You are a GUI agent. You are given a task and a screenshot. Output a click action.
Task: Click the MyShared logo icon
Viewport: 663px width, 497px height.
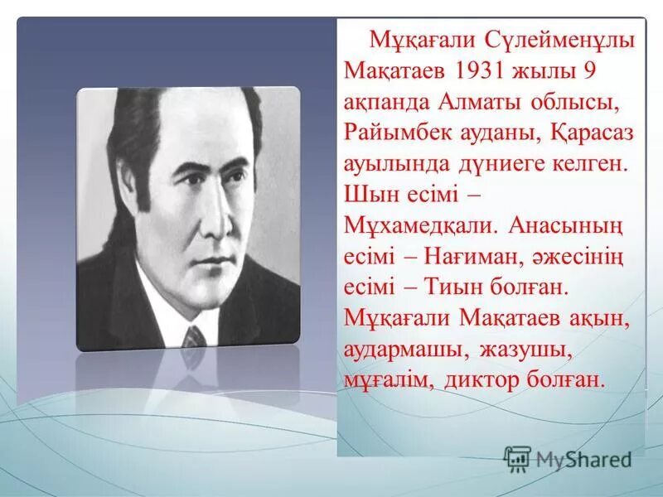(518, 458)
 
